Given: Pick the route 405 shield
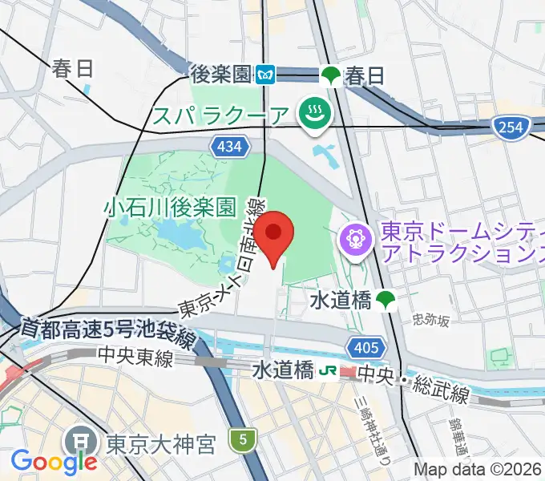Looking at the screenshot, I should [361, 346].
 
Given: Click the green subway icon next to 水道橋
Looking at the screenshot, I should [386, 300].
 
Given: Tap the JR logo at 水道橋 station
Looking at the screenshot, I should [328, 372].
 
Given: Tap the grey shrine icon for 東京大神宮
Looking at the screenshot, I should [80, 440].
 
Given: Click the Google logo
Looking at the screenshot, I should [54, 462].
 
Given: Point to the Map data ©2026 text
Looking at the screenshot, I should [478, 469].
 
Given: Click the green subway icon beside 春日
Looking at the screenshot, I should [330, 75].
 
